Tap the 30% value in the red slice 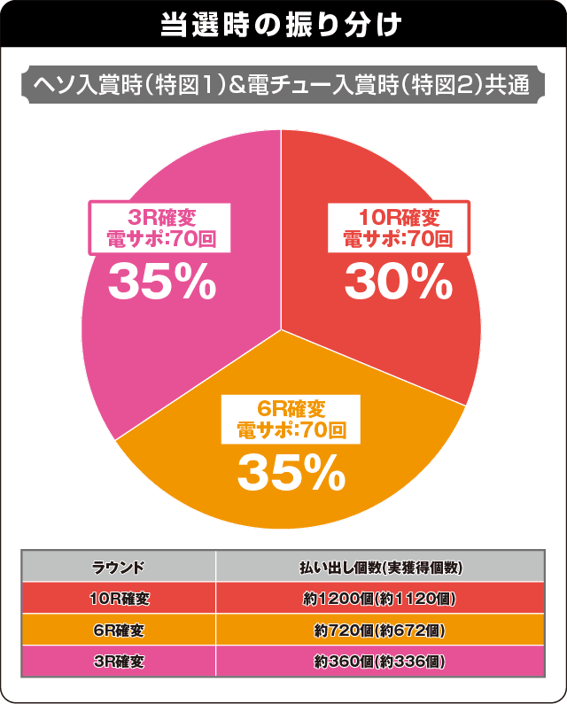[x=398, y=282]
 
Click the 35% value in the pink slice [x=162, y=282]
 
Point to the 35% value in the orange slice [x=291, y=475]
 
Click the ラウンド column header [x=119, y=567]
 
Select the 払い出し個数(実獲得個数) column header [x=378, y=567]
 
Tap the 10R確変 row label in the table [x=119, y=599]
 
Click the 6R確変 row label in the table [x=119, y=631]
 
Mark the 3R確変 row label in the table [x=119, y=661]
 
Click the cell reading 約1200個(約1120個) [x=378, y=599]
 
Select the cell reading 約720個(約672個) [x=378, y=631]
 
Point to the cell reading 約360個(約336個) [x=378, y=661]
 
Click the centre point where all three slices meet [x=282, y=329]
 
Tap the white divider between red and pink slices [x=282, y=230]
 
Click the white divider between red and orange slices [x=372, y=367]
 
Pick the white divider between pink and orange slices [x=199, y=384]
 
